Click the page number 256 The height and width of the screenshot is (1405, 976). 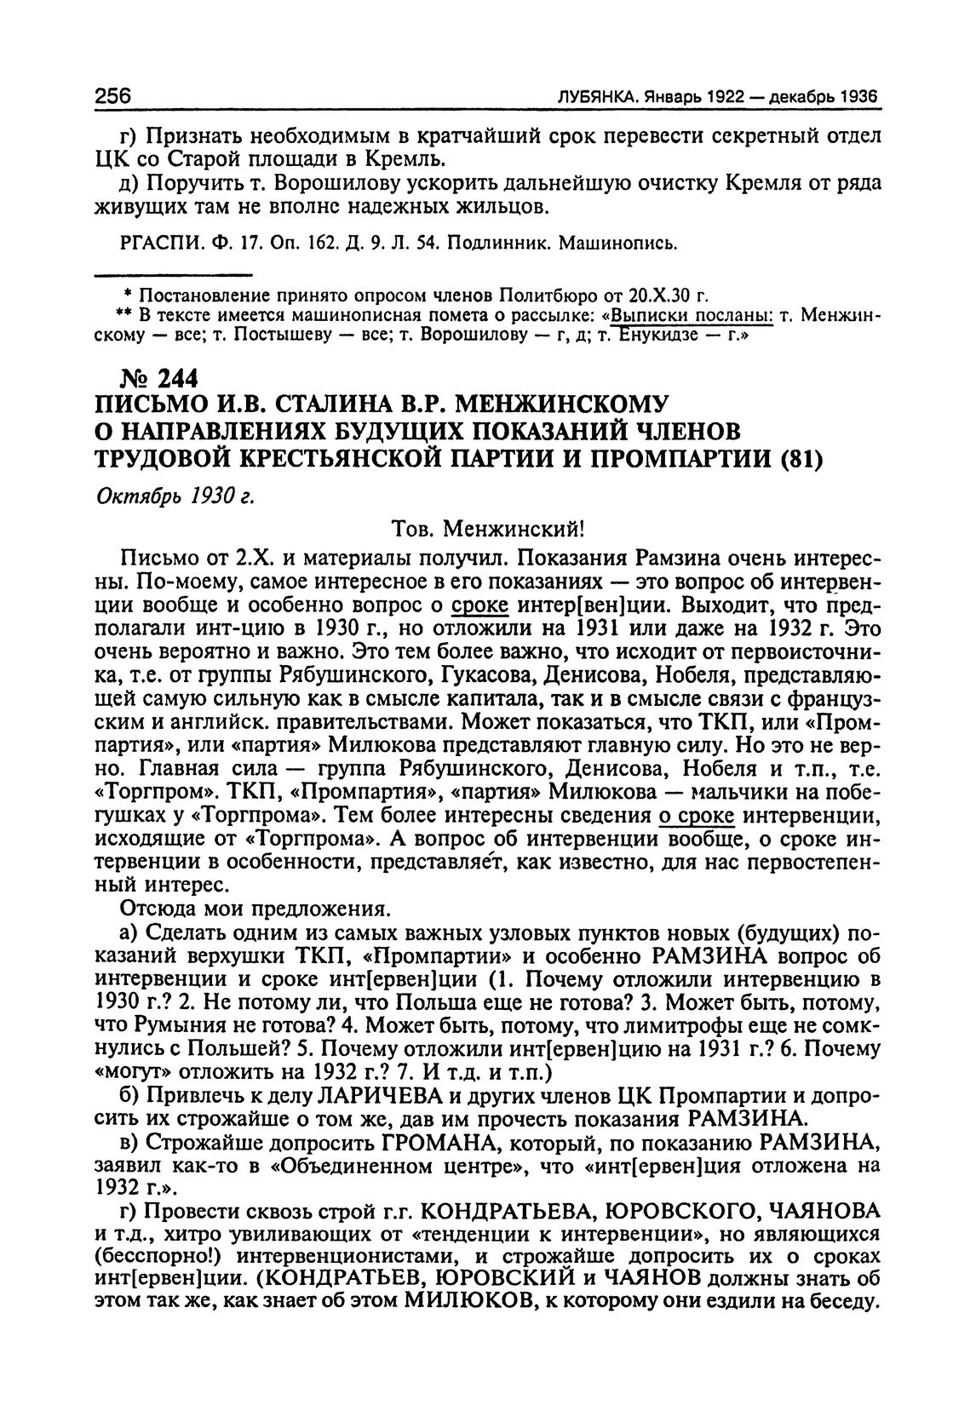click(x=112, y=96)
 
